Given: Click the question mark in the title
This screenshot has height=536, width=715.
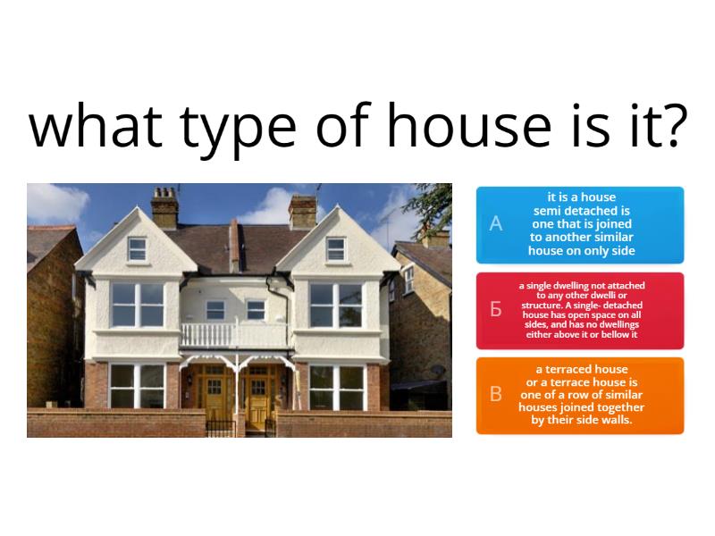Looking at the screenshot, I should (x=670, y=126).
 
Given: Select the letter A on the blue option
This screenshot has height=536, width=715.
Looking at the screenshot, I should (x=496, y=224).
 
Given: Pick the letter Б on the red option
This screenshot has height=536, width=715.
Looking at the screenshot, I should (x=496, y=310).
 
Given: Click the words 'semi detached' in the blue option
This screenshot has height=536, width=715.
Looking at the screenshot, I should (x=582, y=211).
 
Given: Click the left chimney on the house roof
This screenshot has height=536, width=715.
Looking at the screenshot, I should (x=164, y=206).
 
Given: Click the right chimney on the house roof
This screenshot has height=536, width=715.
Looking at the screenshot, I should (x=303, y=210).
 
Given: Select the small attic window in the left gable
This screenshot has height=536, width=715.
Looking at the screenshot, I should (x=137, y=249).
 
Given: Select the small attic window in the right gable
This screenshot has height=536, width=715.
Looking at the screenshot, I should (x=335, y=249).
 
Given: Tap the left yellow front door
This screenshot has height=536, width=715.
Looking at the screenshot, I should (x=215, y=397).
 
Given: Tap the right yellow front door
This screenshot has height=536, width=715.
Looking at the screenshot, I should (x=257, y=397).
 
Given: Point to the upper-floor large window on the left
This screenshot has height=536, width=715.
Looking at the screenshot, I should (x=137, y=305).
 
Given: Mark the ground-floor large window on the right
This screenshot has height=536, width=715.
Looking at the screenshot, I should (x=335, y=387).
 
